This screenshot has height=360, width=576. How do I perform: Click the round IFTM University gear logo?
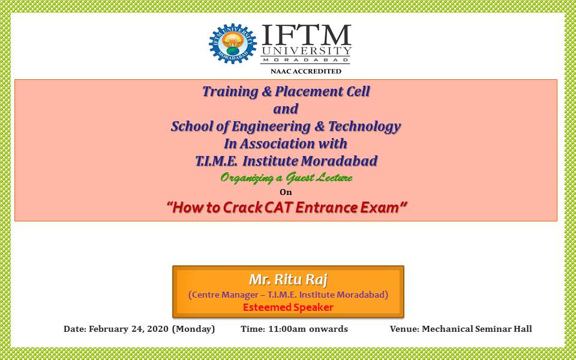[x=233, y=44]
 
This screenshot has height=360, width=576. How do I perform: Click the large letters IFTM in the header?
[x=306, y=35]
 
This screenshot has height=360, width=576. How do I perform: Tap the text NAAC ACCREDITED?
[x=306, y=71]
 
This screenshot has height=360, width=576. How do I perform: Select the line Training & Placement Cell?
[x=286, y=91]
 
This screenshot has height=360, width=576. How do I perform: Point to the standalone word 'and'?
[x=286, y=109]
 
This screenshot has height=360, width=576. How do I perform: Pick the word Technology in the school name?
[x=364, y=126]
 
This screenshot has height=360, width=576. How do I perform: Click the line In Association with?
[x=286, y=143]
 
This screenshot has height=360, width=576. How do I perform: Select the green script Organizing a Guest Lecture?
[x=286, y=178]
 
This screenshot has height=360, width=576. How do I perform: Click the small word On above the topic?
[x=286, y=192]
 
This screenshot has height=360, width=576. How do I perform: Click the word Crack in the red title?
[x=242, y=208]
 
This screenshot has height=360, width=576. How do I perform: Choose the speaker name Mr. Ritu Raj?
[x=288, y=280]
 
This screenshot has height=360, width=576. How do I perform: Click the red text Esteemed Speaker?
[x=288, y=307]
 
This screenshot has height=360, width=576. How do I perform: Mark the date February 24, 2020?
[x=128, y=328]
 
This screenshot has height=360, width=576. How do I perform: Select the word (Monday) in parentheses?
[x=193, y=328]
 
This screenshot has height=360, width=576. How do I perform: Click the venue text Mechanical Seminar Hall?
[x=476, y=328]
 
